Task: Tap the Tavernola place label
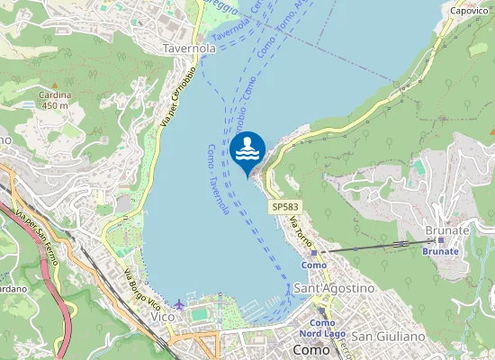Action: click(189, 47)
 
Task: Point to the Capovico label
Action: click(469, 11)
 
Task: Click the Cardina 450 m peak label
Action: click(54, 99)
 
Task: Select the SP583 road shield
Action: click(283, 207)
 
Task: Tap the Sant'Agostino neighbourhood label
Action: click(333, 288)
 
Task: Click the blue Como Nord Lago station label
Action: click(327, 328)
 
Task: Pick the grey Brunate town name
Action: click(446, 230)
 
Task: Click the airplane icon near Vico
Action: click(181, 304)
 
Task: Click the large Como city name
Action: click(312, 349)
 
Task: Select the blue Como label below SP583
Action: click(314, 265)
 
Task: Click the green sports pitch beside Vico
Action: click(199, 314)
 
